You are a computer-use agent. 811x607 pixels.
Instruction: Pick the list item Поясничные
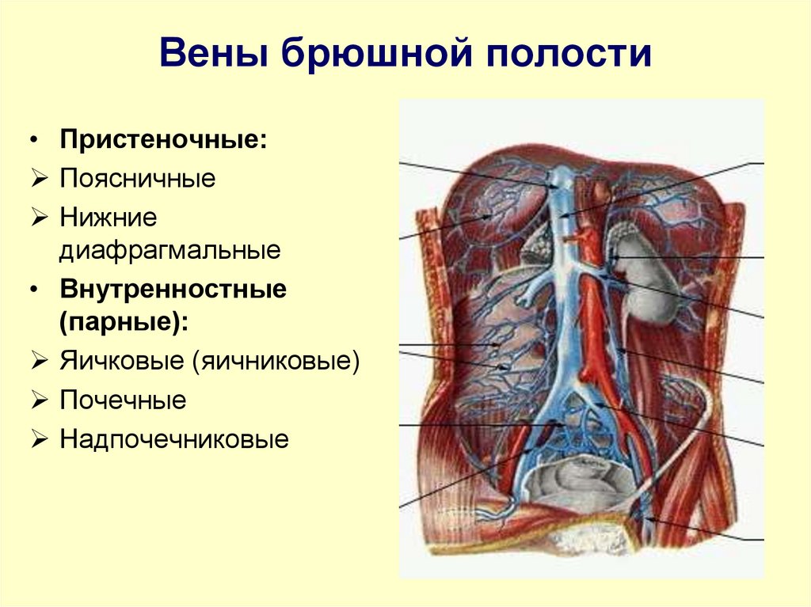point(137,178)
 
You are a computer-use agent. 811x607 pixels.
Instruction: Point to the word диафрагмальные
point(170,252)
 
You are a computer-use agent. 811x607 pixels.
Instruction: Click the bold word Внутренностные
point(173,289)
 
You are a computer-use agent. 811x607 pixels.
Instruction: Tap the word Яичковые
point(121,362)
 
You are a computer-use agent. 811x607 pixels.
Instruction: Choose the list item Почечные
point(123,400)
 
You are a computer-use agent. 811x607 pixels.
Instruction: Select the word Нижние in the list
point(108,215)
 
